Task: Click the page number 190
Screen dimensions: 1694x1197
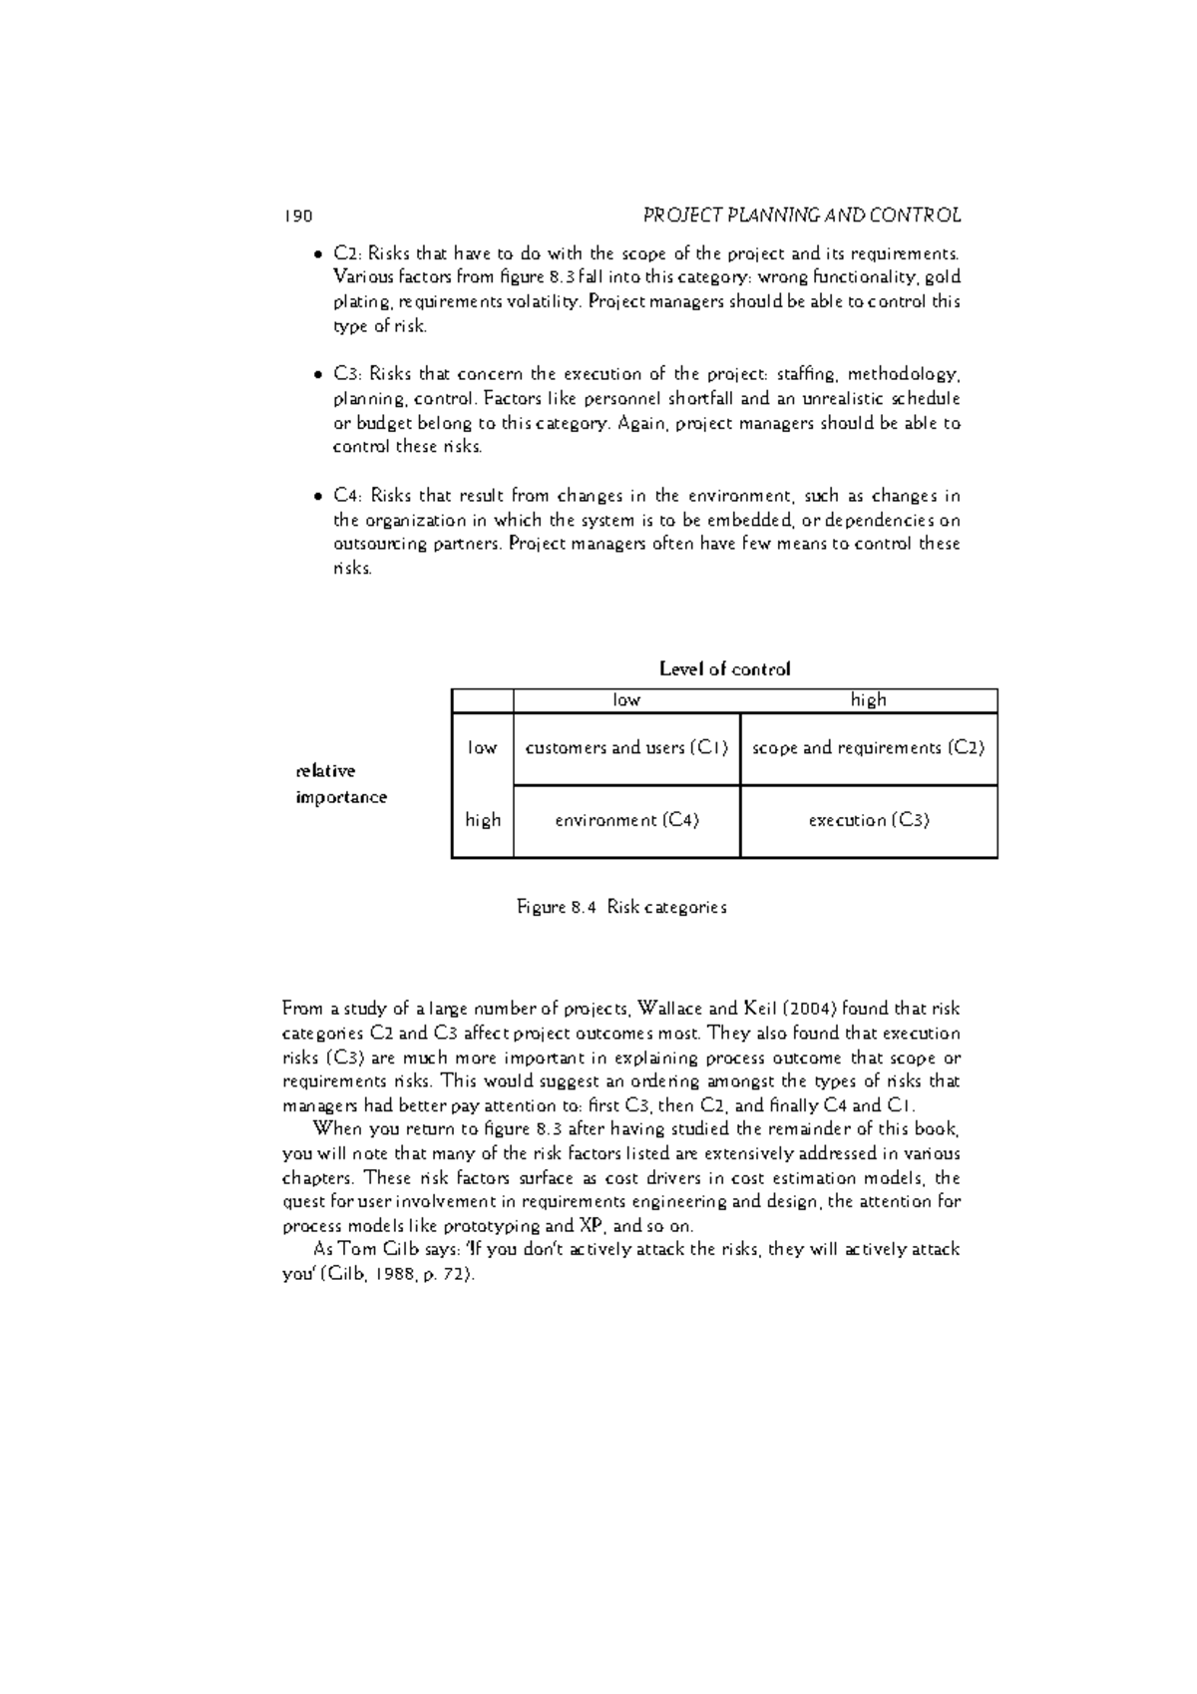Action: point(298,215)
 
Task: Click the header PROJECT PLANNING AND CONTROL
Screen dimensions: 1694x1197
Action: point(802,215)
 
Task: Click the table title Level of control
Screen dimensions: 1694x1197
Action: point(724,669)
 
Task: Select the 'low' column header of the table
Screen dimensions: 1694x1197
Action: point(626,700)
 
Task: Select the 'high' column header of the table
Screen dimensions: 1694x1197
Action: point(868,700)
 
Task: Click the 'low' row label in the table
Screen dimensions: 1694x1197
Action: point(482,748)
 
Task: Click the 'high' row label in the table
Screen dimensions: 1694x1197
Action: point(482,820)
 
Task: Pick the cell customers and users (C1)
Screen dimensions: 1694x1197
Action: point(626,748)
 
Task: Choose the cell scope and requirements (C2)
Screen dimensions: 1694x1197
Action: point(868,748)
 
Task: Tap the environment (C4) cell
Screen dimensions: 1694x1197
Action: point(626,820)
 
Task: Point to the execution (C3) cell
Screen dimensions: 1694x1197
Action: point(868,820)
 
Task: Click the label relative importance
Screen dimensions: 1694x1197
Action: point(341,784)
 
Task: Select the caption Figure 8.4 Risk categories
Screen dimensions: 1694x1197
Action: point(621,908)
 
